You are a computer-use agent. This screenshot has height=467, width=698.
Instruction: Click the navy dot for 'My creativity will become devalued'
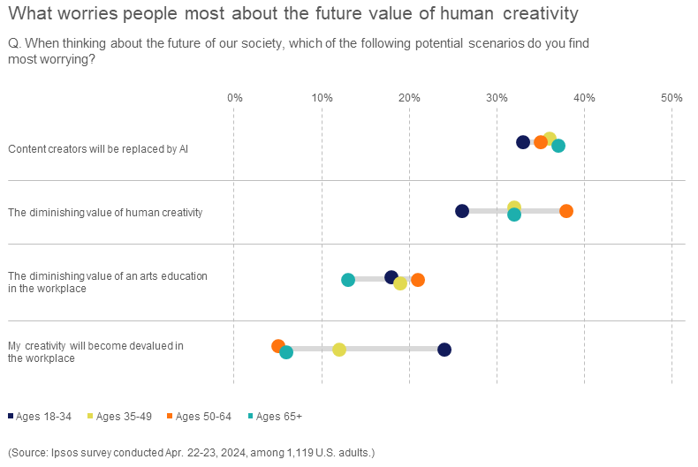tap(444, 350)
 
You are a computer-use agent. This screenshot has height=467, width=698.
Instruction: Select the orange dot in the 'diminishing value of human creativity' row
tap(566, 211)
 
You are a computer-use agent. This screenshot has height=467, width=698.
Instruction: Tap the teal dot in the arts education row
tap(348, 280)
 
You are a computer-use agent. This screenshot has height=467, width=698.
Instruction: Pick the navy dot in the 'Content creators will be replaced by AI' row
tap(523, 142)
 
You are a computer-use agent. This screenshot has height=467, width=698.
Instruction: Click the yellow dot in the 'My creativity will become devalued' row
tap(339, 350)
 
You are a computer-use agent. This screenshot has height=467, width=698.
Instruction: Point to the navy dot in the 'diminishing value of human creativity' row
tap(462, 211)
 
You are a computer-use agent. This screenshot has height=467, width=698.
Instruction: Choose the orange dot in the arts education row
tap(418, 280)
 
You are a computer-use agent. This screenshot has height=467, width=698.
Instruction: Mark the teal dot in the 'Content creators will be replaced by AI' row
tap(558, 146)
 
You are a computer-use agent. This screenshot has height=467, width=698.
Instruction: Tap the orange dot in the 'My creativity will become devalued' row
tap(278, 346)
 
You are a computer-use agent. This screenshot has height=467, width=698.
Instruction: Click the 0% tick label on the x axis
tap(234, 97)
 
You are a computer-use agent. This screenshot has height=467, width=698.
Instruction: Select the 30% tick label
tap(497, 97)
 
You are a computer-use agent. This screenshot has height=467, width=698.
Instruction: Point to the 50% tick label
tap(671, 97)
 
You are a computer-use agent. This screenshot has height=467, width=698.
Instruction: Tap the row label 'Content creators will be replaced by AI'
tap(98, 148)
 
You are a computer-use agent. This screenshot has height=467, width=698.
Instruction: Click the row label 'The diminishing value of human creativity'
tap(105, 212)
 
